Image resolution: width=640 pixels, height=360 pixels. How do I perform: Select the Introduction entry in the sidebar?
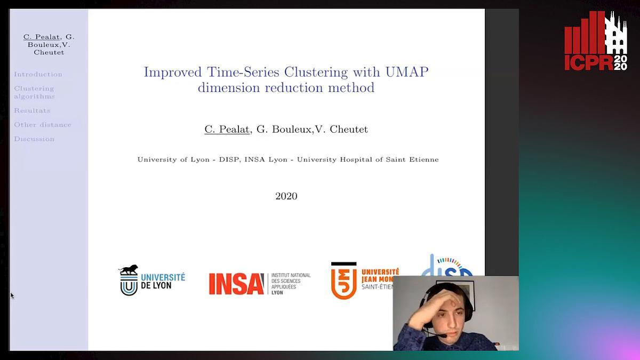pyautogui.click(x=38, y=75)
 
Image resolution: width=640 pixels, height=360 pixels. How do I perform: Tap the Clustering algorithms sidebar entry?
pyautogui.click(x=34, y=92)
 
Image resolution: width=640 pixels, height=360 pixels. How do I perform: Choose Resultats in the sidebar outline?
pyautogui.click(x=32, y=110)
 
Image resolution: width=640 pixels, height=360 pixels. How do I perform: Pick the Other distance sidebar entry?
pyautogui.click(x=43, y=125)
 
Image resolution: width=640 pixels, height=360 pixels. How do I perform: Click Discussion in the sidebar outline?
pyautogui.click(x=34, y=139)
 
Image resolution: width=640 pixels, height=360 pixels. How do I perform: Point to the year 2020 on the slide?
pyautogui.click(x=286, y=196)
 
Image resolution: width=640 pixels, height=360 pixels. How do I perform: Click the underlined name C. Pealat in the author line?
pyautogui.click(x=227, y=129)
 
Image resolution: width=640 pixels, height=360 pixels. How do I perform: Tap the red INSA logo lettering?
pyautogui.click(x=236, y=284)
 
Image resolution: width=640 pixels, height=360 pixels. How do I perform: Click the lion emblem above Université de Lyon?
pyautogui.click(x=129, y=270)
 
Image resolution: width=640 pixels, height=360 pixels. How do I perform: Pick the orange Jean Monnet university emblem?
pyautogui.click(x=343, y=281)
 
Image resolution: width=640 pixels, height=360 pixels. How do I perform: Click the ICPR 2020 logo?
pyautogui.click(x=596, y=41)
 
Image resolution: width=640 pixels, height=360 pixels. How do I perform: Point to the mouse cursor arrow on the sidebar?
pyautogui.click(x=12, y=295)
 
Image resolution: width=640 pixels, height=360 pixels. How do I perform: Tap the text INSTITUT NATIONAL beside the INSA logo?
pyautogui.click(x=291, y=275)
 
